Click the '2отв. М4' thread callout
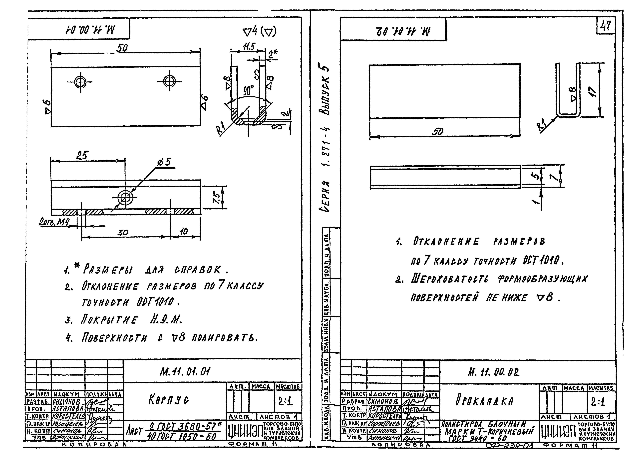[54, 222]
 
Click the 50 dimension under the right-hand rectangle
[437, 131]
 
